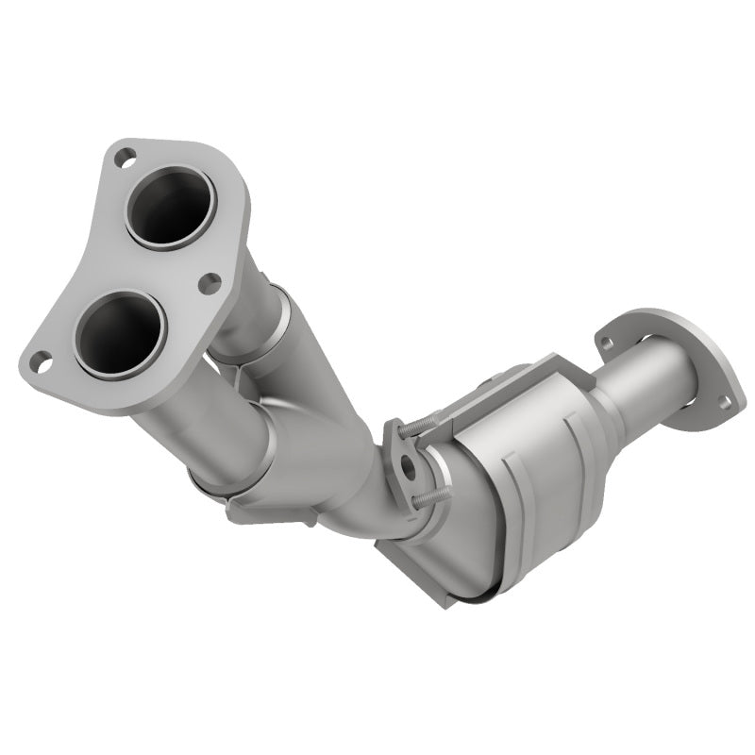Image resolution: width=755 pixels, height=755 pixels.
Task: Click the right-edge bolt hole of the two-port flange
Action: coord(210,281)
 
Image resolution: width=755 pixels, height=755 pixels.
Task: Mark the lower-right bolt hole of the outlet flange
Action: coord(724,402)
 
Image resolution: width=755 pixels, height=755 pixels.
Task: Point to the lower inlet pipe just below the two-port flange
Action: coord(189,415)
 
